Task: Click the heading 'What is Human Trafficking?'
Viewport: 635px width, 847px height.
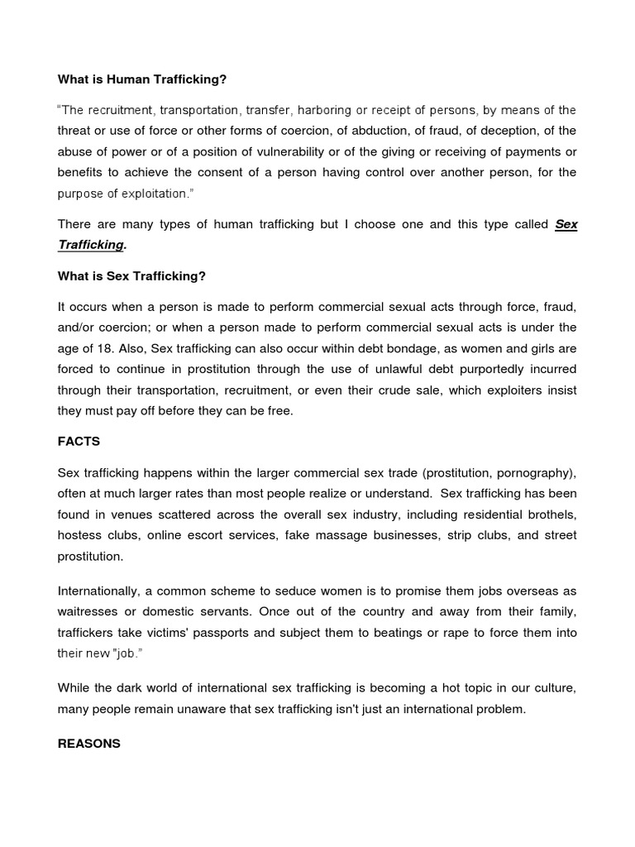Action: coord(141,79)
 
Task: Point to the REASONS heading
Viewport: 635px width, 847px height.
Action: coord(88,744)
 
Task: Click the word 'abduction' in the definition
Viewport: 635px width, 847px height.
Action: coord(365,131)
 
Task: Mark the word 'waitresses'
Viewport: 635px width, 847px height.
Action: coord(89,611)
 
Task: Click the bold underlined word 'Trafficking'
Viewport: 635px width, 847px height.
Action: coord(91,245)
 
